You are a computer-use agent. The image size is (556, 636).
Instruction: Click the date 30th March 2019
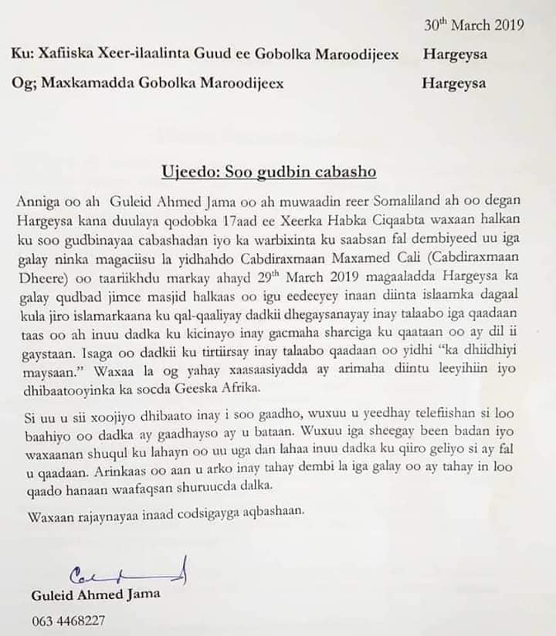(x=474, y=24)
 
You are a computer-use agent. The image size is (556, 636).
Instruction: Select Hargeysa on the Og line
(x=454, y=83)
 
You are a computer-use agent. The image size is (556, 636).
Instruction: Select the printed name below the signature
(x=96, y=595)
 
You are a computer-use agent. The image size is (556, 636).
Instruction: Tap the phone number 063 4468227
(x=69, y=621)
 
